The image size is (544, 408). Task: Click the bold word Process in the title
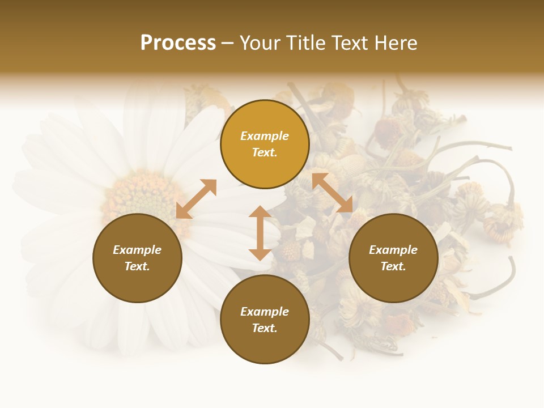pyautogui.click(x=178, y=43)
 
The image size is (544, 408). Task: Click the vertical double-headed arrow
pyautogui.click(x=260, y=233)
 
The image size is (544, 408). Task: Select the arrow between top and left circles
pyautogui.click(x=196, y=199)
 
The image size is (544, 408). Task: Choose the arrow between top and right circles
pyautogui.click(x=332, y=193)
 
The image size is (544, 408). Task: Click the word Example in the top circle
pyautogui.click(x=265, y=136)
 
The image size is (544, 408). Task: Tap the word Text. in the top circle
pyautogui.click(x=265, y=152)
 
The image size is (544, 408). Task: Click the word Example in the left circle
pyautogui.click(x=137, y=250)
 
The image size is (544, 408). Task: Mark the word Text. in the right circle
pyautogui.click(x=393, y=266)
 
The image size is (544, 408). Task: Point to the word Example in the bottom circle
pyautogui.click(x=265, y=312)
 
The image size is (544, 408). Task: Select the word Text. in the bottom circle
pyautogui.click(x=265, y=328)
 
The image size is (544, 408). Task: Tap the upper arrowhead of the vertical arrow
pyautogui.click(x=260, y=212)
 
